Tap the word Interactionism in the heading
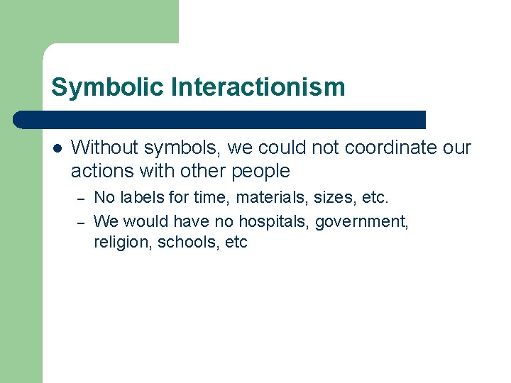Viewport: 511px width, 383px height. coord(258,87)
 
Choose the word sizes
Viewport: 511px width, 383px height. coord(329,196)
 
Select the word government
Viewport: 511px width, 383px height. coord(362,222)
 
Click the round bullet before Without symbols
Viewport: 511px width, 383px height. coord(57,148)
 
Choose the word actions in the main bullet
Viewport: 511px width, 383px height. coord(97,171)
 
